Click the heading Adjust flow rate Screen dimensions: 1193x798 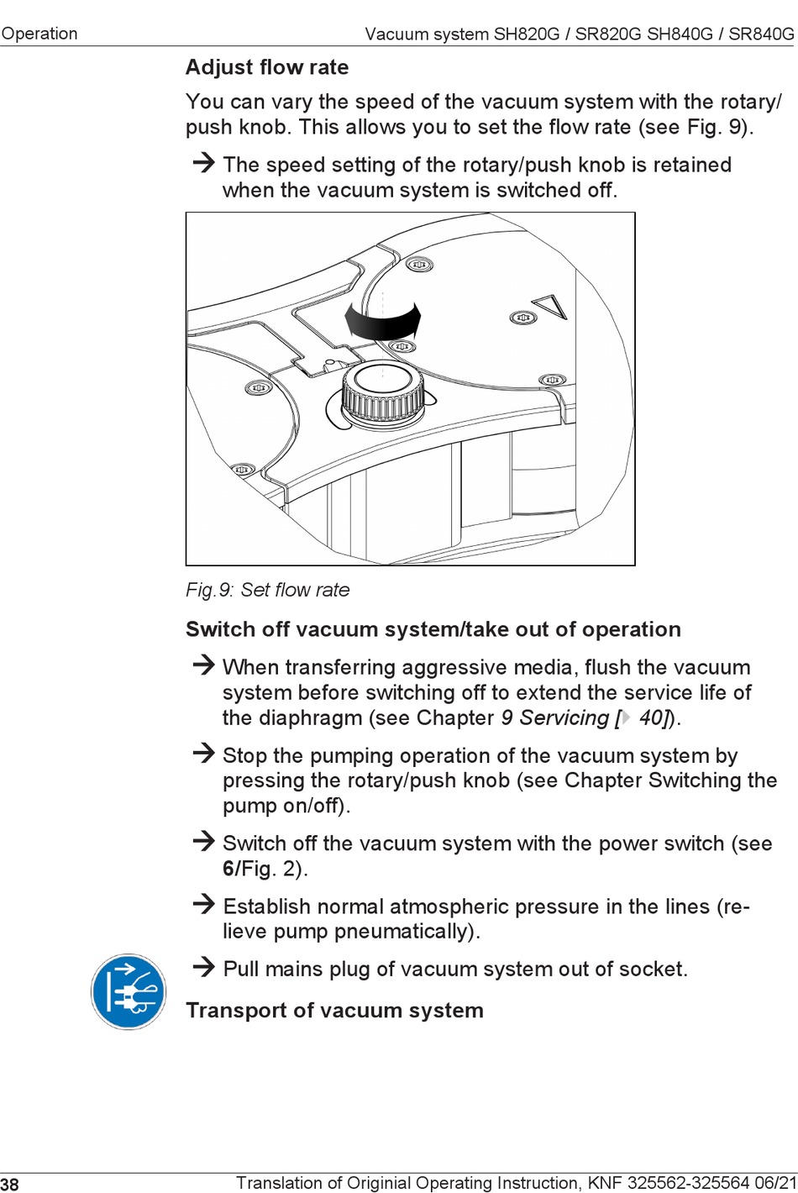[267, 67]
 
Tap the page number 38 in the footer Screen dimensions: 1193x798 [9, 1184]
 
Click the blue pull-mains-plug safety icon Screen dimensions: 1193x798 [129, 991]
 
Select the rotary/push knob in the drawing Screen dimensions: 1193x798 [382, 392]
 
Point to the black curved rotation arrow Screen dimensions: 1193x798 [383, 321]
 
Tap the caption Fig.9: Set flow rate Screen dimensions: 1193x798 [267, 590]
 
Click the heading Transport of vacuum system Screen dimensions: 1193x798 [334, 1010]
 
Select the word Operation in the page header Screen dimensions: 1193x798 [39, 34]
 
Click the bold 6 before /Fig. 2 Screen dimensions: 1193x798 [228, 869]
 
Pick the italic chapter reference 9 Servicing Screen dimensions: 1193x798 [554, 717]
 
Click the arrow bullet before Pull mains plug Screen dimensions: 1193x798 [203, 967]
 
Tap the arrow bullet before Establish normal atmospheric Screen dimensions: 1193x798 [203, 904]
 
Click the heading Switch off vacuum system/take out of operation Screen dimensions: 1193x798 [433, 629]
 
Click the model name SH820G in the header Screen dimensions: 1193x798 [526, 34]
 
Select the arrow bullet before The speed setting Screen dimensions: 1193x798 [203, 162]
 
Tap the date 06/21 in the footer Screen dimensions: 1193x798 [775, 1183]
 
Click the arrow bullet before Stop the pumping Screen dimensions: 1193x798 [203, 753]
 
